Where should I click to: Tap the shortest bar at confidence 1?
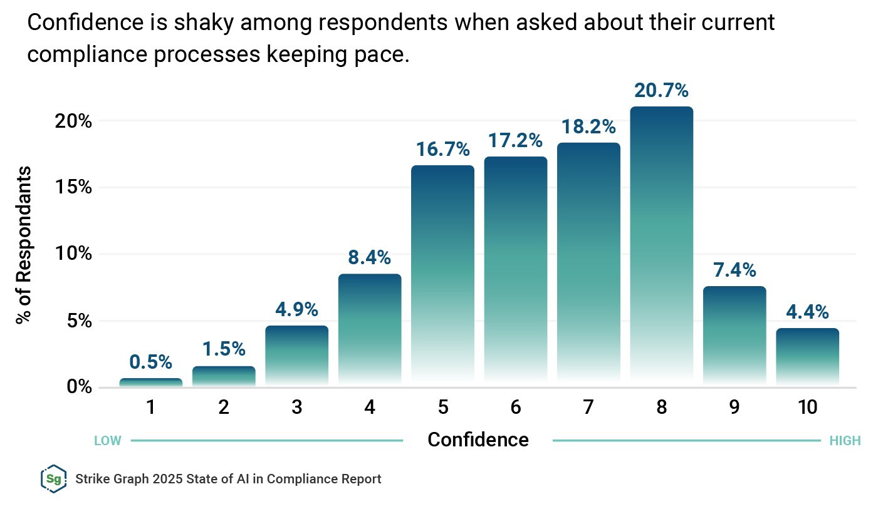point(151,382)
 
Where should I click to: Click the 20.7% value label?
point(661,91)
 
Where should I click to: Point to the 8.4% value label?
point(370,257)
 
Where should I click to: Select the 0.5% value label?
point(151,362)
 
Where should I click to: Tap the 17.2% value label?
point(516,141)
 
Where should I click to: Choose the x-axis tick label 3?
point(296,408)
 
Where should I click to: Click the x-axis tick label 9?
point(734,408)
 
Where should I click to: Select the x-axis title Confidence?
point(478,440)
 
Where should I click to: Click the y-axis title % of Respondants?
point(24,244)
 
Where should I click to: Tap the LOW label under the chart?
point(107,441)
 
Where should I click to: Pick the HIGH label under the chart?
point(845,441)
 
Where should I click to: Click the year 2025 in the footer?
point(157,480)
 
